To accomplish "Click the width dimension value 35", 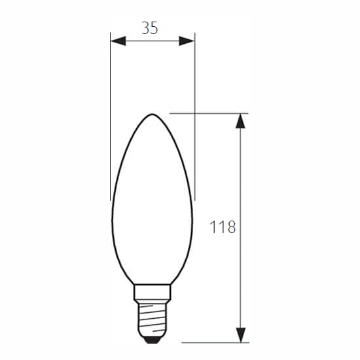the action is (150, 28).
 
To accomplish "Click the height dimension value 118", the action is (223, 227).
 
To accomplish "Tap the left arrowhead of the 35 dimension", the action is (118, 41).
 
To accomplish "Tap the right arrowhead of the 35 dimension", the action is (187, 41).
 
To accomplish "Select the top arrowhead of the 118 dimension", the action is (240, 121).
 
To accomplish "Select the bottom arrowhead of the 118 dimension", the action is (240, 335).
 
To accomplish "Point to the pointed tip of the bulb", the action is (153, 114).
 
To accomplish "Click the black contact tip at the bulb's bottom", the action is (152, 340).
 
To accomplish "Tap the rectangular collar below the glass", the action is (153, 293).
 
